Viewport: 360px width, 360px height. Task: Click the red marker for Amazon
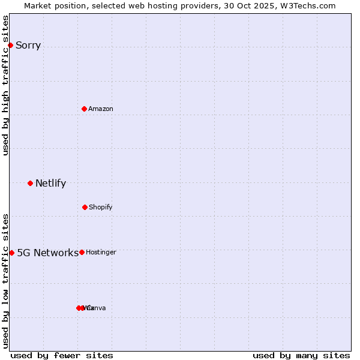84,109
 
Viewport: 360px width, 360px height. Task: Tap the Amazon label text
100,109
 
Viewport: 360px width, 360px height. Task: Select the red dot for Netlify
30,183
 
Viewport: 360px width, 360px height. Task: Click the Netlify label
50,184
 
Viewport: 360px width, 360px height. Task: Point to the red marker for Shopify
85,207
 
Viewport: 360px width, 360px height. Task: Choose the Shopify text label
100,208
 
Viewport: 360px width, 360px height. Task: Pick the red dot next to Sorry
10,45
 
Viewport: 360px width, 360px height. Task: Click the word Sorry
28,46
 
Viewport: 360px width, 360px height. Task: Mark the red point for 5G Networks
11,253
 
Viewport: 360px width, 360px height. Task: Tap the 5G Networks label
47,253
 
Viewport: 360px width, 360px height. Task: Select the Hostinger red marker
82,252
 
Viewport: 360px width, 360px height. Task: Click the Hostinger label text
101,253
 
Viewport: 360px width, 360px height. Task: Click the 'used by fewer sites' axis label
62,355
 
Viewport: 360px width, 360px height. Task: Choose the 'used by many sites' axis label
301,355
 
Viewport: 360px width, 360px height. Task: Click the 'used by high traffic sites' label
5,85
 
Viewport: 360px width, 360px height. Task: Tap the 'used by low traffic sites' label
5,280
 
